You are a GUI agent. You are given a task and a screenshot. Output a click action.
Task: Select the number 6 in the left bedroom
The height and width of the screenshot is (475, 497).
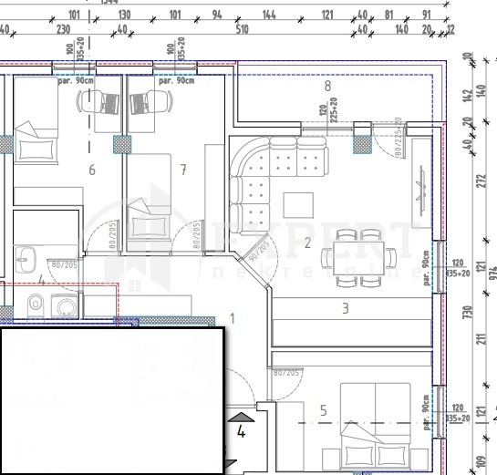91,169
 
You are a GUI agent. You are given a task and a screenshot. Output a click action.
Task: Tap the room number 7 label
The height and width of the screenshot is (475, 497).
183,169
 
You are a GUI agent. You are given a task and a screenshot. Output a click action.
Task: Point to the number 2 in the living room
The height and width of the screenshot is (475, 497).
308,243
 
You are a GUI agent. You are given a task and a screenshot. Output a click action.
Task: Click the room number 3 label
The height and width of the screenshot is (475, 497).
345,308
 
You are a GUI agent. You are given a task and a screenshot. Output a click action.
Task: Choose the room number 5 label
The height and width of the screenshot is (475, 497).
323,411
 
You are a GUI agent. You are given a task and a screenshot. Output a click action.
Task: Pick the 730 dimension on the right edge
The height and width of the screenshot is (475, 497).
470,311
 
